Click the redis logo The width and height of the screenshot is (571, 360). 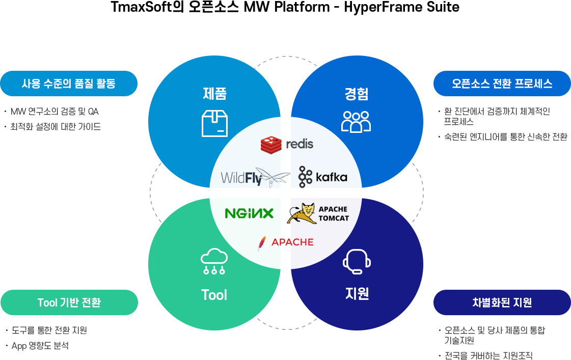(287, 145)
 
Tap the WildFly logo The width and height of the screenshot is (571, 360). (255, 177)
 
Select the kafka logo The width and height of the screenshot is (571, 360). (323, 177)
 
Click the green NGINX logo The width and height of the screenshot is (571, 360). (249, 213)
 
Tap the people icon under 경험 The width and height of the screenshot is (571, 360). (356, 122)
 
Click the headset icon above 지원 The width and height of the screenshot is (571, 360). (356, 261)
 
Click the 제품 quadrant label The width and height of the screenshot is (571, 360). (214, 94)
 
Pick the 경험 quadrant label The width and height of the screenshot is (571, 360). (356, 94)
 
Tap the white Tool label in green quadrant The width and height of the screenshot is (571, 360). (214, 295)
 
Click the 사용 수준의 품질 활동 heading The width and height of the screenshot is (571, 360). (69, 83)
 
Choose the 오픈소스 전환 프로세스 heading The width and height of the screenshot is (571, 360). (502, 84)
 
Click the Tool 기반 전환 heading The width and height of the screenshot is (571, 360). (69, 302)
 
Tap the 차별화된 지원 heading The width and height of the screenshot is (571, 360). (502, 302)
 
